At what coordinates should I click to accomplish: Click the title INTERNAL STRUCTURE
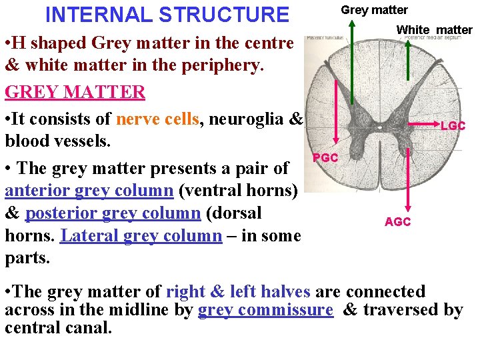click(167, 14)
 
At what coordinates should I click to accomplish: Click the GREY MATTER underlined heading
click(75, 92)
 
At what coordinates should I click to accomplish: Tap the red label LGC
click(453, 126)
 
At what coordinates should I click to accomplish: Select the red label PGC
click(325, 158)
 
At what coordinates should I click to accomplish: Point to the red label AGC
click(397, 222)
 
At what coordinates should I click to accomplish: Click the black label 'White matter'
click(434, 29)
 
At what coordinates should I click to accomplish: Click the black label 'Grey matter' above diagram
click(374, 9)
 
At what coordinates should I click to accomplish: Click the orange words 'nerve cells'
click(158, 119)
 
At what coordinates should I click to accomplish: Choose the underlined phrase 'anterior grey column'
click(89, 191)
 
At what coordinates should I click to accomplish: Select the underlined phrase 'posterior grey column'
click(113, 213)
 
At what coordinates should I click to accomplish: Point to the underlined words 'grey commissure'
click(265, 310)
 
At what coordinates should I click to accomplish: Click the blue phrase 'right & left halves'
click(238, 292)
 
